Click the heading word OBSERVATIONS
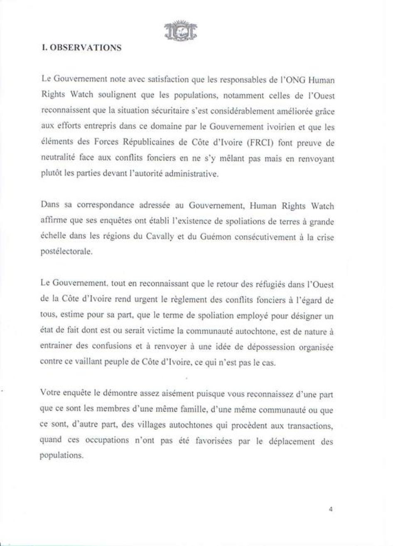click(85, 47)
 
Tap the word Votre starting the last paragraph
click(50, 392)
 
